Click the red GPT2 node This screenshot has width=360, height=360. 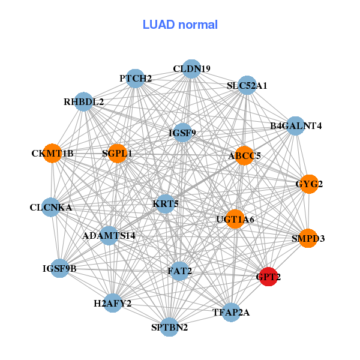(268, 277)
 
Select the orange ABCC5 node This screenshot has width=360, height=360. (245, 155)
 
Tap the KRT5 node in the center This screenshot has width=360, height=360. (166, 204)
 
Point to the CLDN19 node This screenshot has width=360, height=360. (191, 68)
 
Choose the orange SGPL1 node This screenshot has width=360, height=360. (118, 154)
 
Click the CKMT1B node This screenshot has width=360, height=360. (53, 154)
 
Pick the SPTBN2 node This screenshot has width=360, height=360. (169, 327)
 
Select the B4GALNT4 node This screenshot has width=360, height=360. (296, 126)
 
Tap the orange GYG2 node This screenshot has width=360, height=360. (309, 184)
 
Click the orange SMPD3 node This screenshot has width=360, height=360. (308, 238)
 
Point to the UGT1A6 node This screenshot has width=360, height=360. (235, 219)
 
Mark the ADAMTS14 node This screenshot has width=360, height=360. (109, 236)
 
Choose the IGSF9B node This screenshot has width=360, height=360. (59, 268)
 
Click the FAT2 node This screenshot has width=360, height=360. (180, 271)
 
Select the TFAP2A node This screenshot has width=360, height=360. (231, 312)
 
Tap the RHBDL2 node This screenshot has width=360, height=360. (84, 102)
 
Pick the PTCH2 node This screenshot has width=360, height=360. (136, 78)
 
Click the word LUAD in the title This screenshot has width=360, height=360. (158, 25)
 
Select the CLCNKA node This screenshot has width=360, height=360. (51, 207)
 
